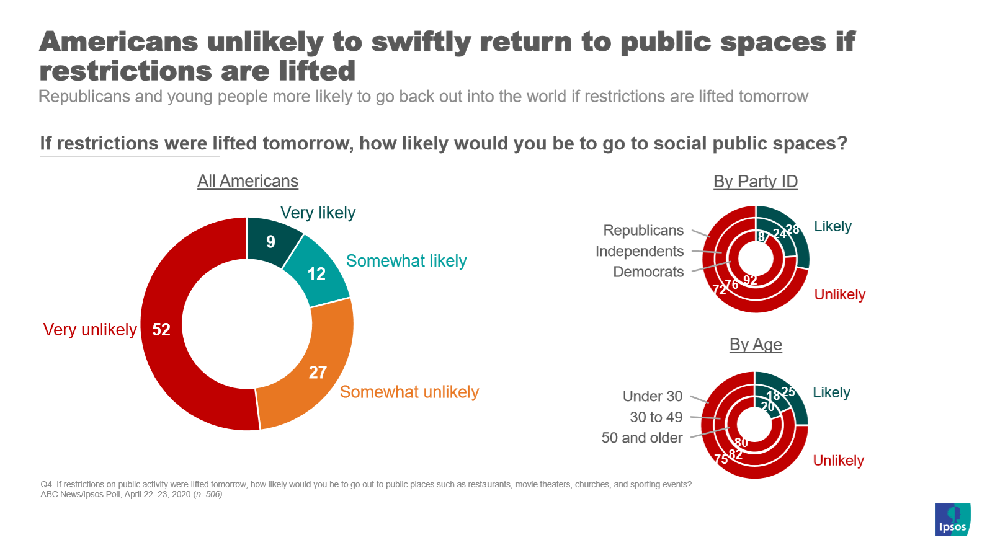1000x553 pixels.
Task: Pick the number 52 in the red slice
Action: tap(161, 329)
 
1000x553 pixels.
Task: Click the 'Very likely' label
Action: tap(318, 213)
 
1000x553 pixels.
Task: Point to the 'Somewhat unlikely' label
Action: tap(409, 392)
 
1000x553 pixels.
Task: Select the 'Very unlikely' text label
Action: tap(90, 329)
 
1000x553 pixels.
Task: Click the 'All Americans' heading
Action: tap(248, 181)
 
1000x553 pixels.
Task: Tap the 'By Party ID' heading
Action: tap(755, 181)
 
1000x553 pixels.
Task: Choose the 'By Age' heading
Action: tap(755, 344)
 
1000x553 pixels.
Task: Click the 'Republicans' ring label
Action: tap(643, 230)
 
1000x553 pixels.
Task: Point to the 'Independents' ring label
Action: tap(640, 251)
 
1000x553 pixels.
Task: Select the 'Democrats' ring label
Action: tap(648, 272)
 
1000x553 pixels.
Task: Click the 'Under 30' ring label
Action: tap(652, 396)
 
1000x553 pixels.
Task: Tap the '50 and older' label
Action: tap(641, 438)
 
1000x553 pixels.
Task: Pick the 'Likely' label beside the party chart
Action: tap(833, 226)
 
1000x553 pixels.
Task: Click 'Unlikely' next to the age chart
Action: tap(838, 461)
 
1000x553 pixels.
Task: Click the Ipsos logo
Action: tap(952, 520)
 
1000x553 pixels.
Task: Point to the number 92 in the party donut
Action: tap(750, 280)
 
